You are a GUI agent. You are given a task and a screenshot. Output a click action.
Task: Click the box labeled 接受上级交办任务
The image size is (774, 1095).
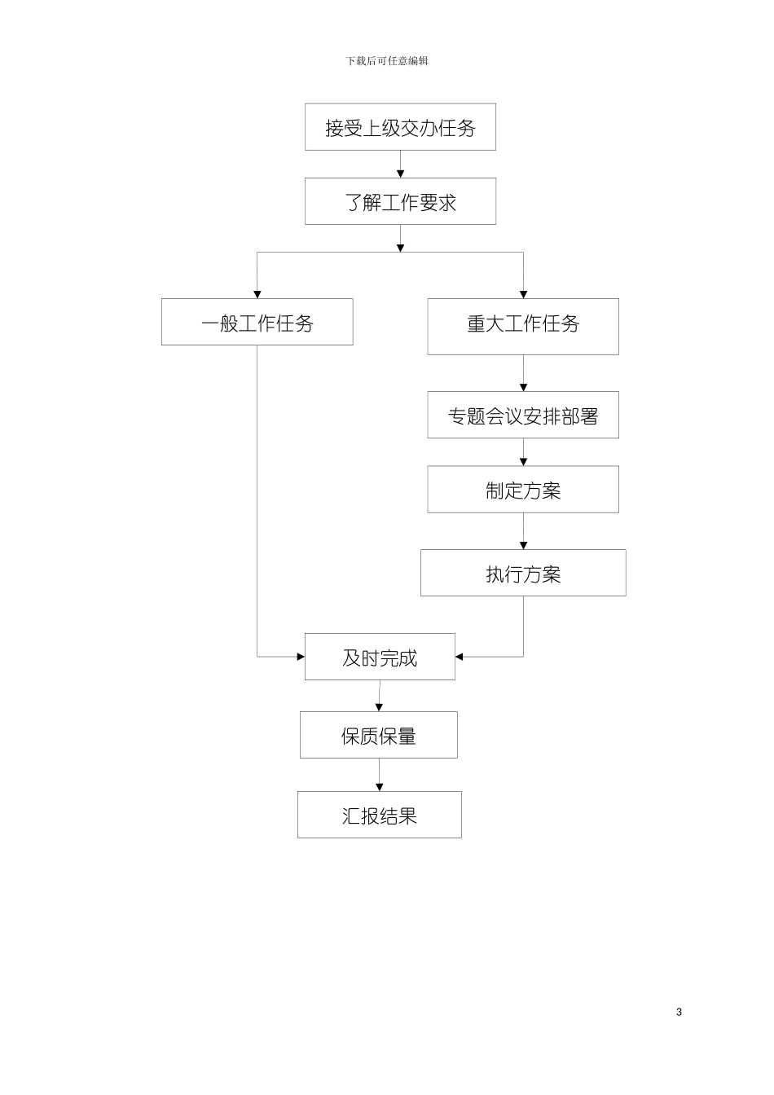tap(400, 127)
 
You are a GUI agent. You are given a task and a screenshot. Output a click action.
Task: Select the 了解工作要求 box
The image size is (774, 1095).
tap(400, 201)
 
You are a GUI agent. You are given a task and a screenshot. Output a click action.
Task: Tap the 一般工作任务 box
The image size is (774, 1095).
tap(257, 322)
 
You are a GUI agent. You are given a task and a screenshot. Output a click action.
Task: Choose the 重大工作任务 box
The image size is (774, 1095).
tap(522, 326)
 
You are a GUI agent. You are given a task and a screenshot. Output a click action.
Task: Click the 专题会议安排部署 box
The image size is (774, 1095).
tap(522, 415)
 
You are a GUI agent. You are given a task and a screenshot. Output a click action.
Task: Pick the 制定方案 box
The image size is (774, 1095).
tap(522, 490)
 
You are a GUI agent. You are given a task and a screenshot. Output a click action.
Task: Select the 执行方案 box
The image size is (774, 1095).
tap(522, 573)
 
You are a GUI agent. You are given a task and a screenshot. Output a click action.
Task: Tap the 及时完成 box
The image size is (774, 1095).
tap(380, 657)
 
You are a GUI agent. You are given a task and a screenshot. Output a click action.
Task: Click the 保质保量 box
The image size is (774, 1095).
tap(379, 735)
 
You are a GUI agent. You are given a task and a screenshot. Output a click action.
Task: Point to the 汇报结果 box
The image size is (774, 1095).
tap(379, 815)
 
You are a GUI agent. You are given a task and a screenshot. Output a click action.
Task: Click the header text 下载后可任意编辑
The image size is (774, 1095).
tap(387, 61)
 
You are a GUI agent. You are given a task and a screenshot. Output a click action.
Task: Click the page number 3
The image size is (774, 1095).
tap(679, 1012)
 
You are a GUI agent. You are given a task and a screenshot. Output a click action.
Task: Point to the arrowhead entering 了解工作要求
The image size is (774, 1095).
tap(400, 174)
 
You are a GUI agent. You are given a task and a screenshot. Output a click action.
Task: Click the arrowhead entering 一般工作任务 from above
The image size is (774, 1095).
tap(257, 294)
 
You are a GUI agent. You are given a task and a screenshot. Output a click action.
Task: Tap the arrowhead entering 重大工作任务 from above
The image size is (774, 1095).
tap(523, 294)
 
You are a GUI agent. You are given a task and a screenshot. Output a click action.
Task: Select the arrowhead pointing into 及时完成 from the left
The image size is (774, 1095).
tap(301, 657)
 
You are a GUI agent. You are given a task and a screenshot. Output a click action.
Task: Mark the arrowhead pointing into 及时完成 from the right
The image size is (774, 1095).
tap(460, 657)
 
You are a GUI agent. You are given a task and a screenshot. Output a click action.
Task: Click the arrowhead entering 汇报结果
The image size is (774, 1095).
tap(379, 787)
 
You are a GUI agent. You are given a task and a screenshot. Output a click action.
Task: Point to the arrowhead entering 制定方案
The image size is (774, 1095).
tap(523, 462)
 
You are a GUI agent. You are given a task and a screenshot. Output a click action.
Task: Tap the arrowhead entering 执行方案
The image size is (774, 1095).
tap(523, 545)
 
